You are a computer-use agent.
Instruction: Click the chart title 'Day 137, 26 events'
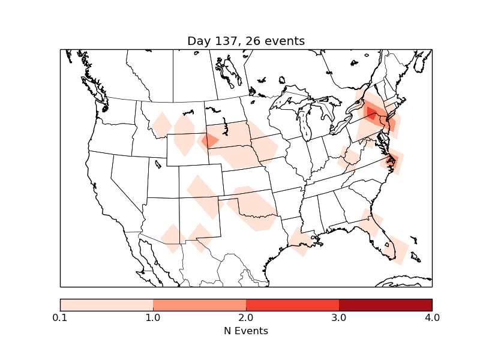click(x=246, y=41)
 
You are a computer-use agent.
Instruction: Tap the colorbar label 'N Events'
click(x=246, y=331)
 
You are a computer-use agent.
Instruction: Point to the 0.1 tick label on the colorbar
click(x=60, y=317)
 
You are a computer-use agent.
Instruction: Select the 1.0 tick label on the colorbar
click(x=153, y=317)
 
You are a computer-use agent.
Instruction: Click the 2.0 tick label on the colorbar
click(x=246, y=317)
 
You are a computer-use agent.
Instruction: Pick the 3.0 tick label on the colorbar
click(x=339, y=317)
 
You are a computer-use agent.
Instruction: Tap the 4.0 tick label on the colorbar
click(x=432, y=317)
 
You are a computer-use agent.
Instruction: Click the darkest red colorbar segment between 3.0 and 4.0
click(x=385, y=304)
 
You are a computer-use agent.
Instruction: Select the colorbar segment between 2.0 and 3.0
click(x=292, y=304)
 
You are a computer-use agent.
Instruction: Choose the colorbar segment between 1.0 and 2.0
click(x=199, y=304)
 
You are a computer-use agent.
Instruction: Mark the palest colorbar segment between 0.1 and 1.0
click(x=106, y=304)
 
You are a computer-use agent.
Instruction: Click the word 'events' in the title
click(x=286, y=41)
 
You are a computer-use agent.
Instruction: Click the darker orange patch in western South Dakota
click(x=210, y=142)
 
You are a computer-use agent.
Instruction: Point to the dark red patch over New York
click(x=371, y=113)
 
